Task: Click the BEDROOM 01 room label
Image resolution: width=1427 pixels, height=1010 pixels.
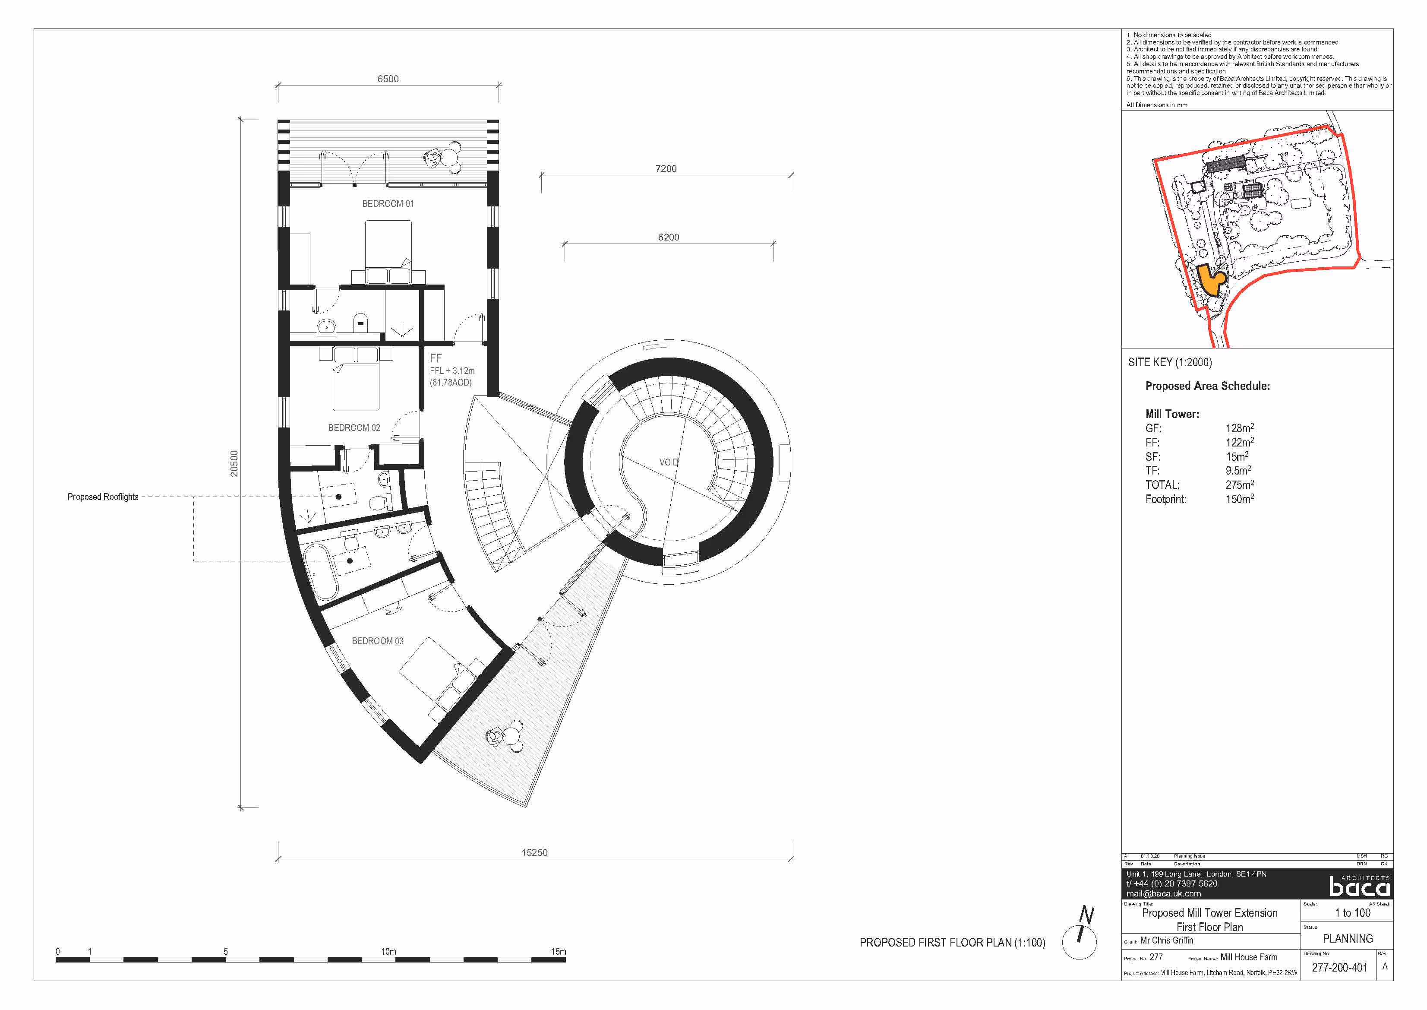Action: pyautogui.click(x=388, y=204)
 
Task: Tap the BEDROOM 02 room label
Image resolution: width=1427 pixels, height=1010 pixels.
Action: pyautogui.click(x=354, y=428)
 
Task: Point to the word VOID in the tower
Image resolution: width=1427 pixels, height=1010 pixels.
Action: pyautogui.click(x=669, y=462)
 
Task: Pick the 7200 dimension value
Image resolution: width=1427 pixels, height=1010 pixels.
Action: pyautogui.click(x=666, y=168)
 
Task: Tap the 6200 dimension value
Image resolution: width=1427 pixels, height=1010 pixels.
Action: pyautogui.click(x=668, y=237)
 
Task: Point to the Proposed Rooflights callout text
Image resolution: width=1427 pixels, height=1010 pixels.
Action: pyautogui.click(x=103, y=497)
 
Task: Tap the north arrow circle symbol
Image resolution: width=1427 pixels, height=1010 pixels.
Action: pyautogui.click(x=1079, y=942)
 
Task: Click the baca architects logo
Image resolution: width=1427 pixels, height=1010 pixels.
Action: pyautogui.click(x=1359, y=885)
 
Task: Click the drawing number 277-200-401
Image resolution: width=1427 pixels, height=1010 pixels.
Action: pyautogui.click(x=1339, y=968)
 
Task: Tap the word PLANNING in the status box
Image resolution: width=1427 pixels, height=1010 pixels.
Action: pyautogui.click(x=1348, y=938)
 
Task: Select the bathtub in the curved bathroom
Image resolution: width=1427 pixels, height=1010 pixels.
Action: pyautogui.click(x=321, y=573)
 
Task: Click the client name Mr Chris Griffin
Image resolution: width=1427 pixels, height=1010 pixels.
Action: pyautogui.click(x=1167, y=940)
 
